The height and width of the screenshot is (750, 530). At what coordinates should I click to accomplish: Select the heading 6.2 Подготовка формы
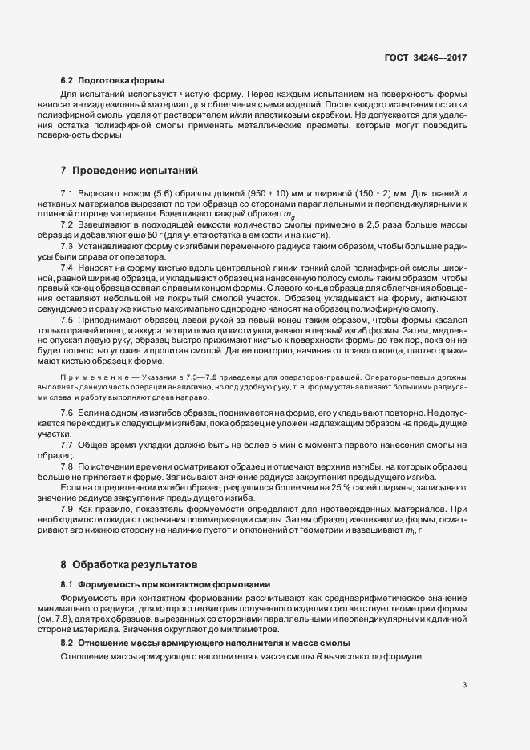pyautogui.click(x=112, y=81)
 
